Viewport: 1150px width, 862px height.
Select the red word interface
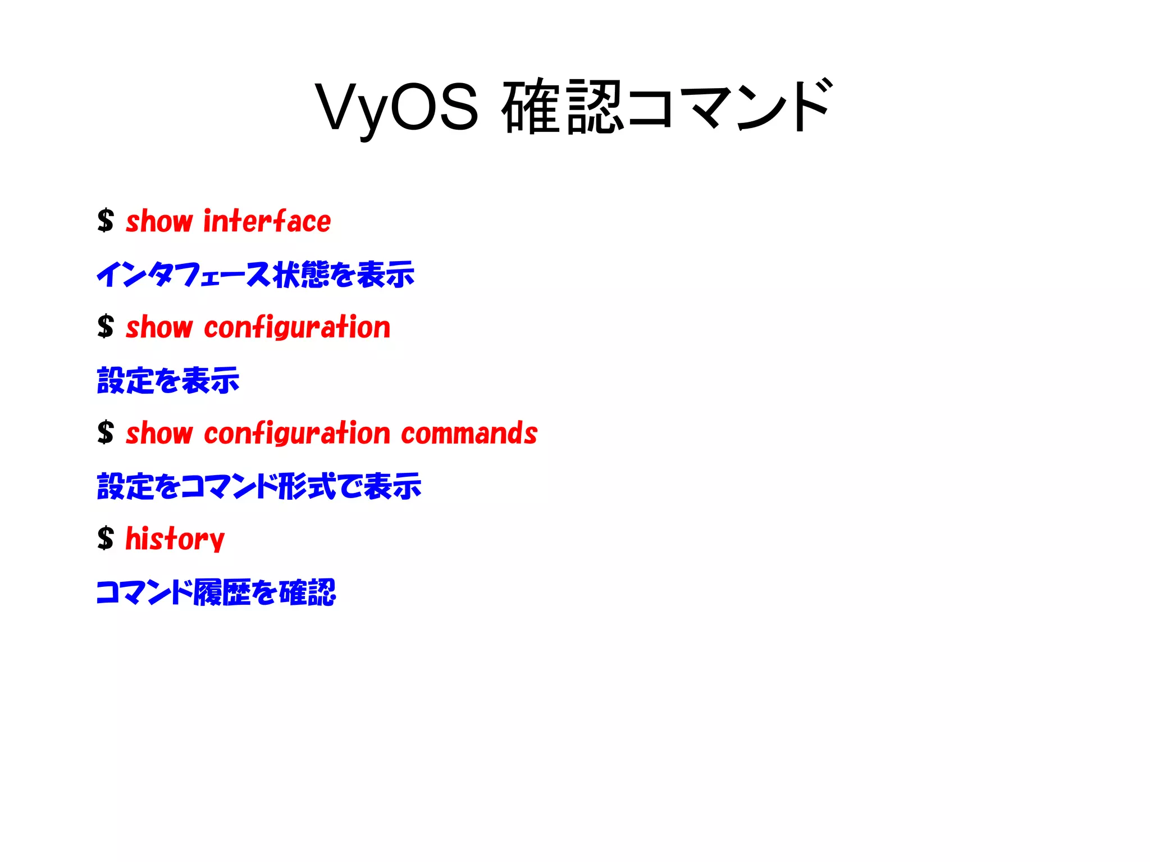tap(267, 221)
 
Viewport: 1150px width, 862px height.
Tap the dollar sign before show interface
tap(106, 221)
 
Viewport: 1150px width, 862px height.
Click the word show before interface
tap(159, 221)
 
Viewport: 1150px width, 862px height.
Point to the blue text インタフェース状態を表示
tap(255, 275)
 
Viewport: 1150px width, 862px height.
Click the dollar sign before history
tap(106, 539)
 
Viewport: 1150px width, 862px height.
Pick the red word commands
tap(469, 434)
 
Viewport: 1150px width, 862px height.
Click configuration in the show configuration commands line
tap(297, 434)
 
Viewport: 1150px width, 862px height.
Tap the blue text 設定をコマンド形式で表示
tap(259, 486)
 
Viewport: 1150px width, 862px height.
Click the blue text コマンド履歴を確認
tap(216, 592)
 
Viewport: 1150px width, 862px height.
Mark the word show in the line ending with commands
tap(159, 434)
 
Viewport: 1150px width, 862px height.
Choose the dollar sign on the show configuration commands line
tap(106, 433)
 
